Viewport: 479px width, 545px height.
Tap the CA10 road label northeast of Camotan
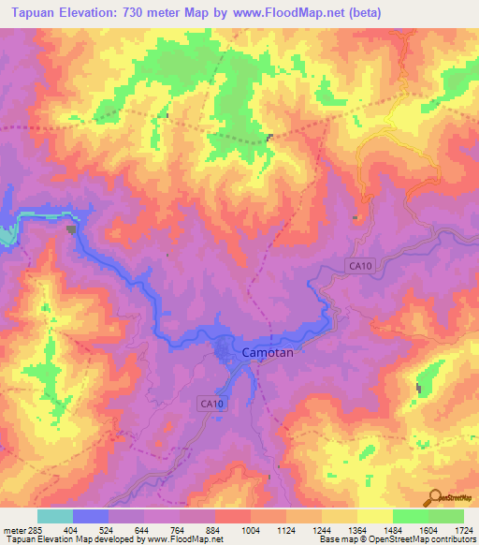tap(359, 266)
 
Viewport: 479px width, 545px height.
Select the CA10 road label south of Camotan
tap(211, 403)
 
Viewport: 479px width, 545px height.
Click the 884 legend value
tap(215, 530)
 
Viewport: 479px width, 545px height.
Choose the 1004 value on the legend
tap(251, 530)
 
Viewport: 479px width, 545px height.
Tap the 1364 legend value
tap(357, 530)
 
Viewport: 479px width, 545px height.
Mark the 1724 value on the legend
tap(462, 530)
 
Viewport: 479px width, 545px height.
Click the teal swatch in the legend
tap(55, 516)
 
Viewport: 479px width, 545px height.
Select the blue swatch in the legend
tap(91, 516)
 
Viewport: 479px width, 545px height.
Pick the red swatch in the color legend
tap(233, 516)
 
